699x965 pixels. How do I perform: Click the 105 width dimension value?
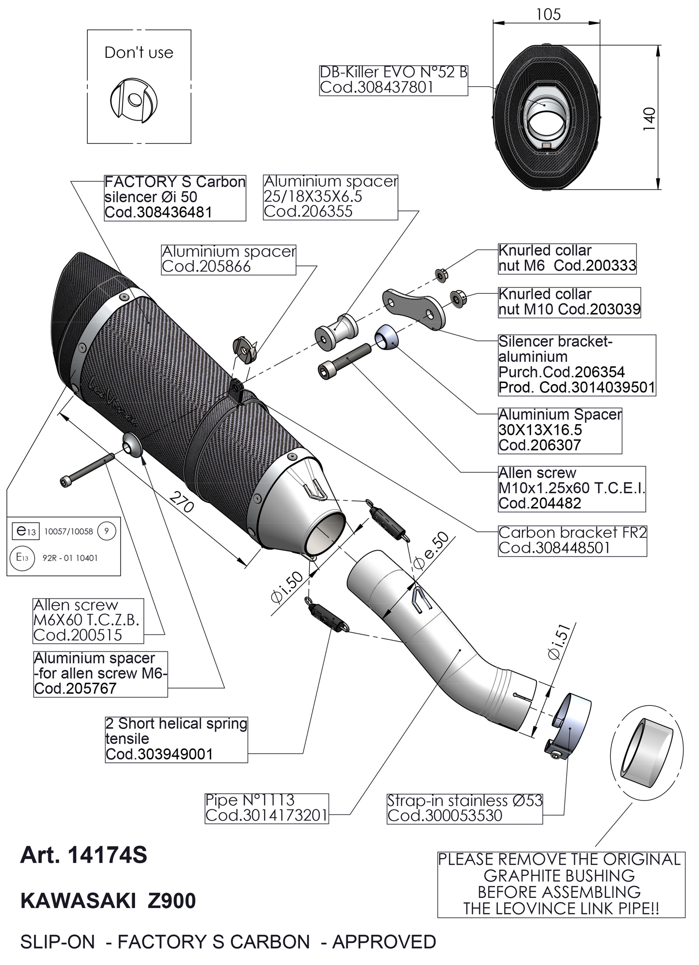[548, 14]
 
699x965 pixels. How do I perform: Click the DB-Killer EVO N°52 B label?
[394, 80]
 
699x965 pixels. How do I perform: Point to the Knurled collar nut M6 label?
[567, 258]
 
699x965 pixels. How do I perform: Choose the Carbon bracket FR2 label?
[572, 540]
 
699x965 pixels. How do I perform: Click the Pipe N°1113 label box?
[267, 808]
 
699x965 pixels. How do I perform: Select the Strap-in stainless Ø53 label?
[465, 808]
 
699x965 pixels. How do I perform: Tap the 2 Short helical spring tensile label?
[176, 739]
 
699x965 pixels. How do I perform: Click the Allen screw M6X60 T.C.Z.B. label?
[88, 620]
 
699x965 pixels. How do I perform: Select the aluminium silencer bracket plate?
[413, 308]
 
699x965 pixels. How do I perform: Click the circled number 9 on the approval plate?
[107, 531]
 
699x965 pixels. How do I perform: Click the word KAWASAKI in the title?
[78, 901]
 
